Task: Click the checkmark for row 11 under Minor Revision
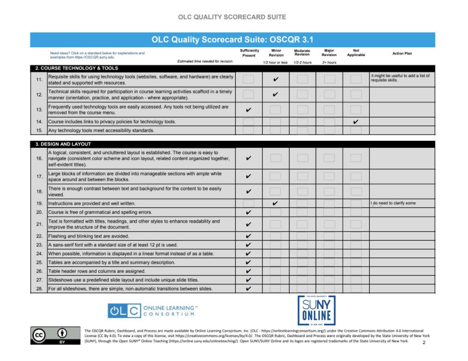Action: pyautogui.click(x=276, y=79)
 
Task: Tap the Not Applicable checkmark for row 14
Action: pyautogui.click(x=356, y=122)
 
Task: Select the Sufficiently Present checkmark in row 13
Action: pyautogui.click(x=249, y=110)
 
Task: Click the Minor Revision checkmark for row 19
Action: pyautogui.click(x=276, y=203)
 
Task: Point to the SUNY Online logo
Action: pyautogui.click(x=316, y=310)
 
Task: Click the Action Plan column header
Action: pyautogui.click(x=402, y=53)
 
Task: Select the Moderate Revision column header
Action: pyautogui.click(x=302, y=52)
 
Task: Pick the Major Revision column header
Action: pyautogui.click(x=329, y=52)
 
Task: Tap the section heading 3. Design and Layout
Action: pyautogui.click(x=66, y=144)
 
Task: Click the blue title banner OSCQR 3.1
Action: pyautogui.click(x=233, y=39)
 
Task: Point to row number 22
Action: pyautogui.click(x=39, y=236)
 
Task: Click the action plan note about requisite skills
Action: pyautogui.click(x=400, y=78)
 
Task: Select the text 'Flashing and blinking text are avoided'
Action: pyautogui.click(x=89, y=236)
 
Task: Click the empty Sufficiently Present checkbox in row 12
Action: pyautogui.click(x=249, y=94)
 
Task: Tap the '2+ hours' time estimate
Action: pyautogui.click(x=329, y=62)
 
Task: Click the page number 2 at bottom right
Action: pyautogui.click(x=424, y=343)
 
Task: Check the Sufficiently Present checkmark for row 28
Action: pyautogui.click(x=249, y=289)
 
